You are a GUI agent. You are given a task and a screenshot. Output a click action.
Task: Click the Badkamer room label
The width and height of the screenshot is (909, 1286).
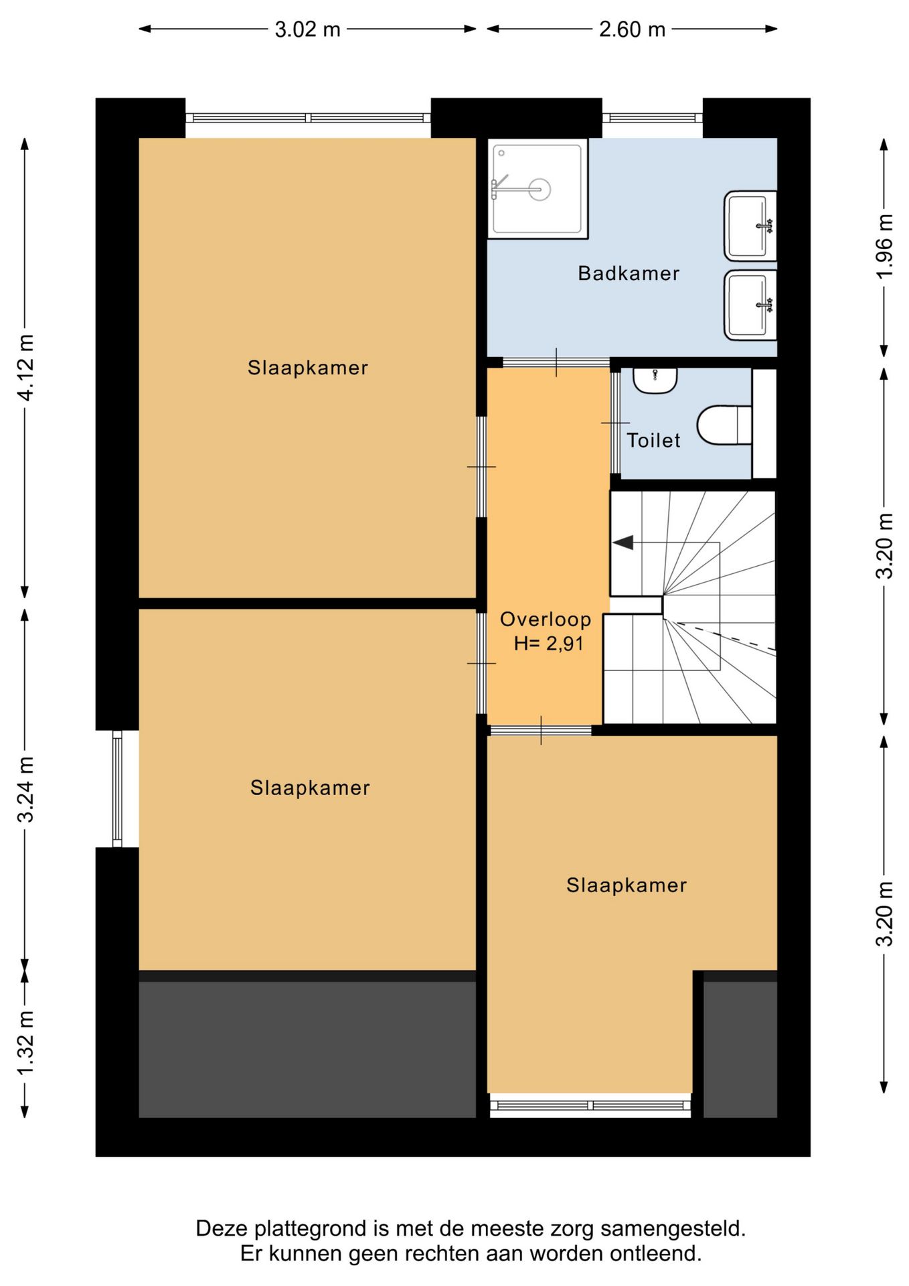tap(629, 273)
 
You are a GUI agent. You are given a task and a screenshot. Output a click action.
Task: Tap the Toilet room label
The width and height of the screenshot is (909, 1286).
tap(653, 440)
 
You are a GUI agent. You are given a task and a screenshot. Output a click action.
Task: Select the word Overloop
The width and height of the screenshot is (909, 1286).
tap(546, 620)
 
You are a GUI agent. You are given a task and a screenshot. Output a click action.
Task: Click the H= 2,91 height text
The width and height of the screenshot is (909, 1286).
tap(549, 644)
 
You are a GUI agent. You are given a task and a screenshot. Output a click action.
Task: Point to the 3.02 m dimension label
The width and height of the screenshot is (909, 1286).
tap(308, 29)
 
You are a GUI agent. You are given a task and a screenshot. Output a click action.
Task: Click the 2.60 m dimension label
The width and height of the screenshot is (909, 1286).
tap(632, 29)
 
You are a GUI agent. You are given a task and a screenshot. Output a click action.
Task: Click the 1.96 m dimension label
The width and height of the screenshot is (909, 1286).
tap(884, 245)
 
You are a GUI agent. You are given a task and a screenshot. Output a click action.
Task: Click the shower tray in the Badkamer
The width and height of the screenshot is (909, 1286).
tap(538, 188)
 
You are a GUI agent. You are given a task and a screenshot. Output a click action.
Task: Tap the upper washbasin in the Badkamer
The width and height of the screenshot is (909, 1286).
tap(750, 226)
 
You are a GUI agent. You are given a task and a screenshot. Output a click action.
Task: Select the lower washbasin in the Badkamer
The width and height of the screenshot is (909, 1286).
tap(750, 305)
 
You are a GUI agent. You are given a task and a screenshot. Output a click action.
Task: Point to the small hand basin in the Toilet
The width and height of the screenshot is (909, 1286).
tap(655, 380)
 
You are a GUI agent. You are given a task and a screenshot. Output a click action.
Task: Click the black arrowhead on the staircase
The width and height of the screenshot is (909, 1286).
tap(623, 543)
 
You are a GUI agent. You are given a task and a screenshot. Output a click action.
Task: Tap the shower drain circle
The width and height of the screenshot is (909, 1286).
tap(540, 190)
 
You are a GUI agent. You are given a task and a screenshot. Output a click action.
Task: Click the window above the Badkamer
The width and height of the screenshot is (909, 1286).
tap(652, 118)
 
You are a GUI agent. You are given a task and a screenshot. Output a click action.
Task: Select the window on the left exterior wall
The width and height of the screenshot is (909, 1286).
tap(117, 788)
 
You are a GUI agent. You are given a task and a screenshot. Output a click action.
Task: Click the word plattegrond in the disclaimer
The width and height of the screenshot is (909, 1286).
tap(314, 1229)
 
